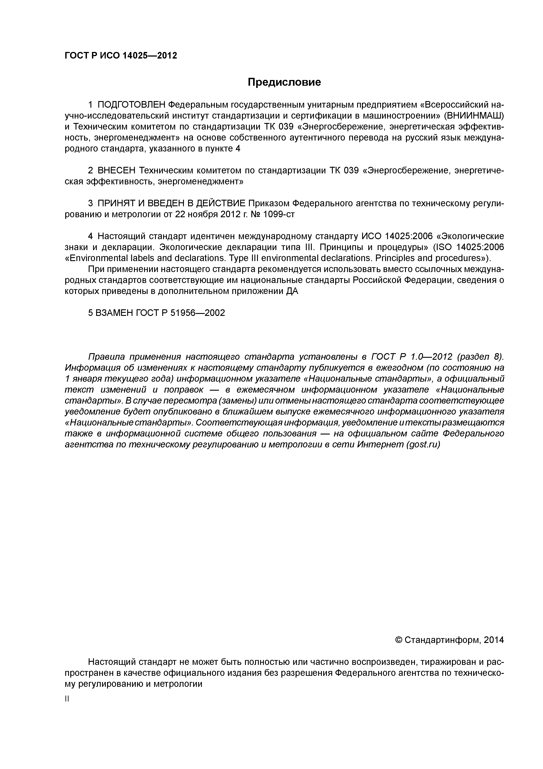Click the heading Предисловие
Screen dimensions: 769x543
[284, 82]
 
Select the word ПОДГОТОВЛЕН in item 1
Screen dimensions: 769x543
[131, 105]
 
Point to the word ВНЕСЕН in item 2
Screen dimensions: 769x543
[116, 171]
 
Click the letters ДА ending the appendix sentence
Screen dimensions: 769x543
[292, 291]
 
